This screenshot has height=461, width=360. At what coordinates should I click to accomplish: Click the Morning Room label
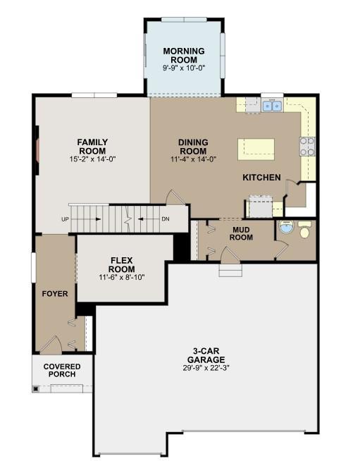click(184, 55)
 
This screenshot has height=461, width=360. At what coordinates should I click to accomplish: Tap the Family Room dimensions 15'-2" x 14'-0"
click(92, 159)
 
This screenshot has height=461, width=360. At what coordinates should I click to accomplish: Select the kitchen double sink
click(272, 106)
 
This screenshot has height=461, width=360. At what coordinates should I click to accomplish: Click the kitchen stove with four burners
click(307, 147)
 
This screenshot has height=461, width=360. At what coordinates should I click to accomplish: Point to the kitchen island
click(256, 149)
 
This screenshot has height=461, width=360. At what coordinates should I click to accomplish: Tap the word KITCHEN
click(261, 178)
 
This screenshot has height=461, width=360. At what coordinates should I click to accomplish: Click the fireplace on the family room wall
click(37, 150)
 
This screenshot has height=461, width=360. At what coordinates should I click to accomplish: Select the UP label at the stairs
click(65, 219)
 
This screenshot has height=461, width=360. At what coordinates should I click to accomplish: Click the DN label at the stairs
click(166, 219)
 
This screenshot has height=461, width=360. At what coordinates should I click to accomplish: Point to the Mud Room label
click(241, 233)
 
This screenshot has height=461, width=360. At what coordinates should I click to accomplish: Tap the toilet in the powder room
click(304, 230)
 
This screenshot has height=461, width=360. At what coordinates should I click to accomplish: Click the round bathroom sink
click(286, 227)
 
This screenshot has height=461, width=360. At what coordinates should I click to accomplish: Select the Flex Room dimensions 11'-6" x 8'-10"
click(122, 277)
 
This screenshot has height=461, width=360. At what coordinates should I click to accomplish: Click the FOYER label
click(55, 294)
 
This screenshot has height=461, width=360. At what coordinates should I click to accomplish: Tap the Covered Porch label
click(62, 371)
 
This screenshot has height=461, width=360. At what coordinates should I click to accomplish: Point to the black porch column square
click(36, 389)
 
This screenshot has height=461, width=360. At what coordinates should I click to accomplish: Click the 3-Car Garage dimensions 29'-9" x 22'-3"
click(206, 368)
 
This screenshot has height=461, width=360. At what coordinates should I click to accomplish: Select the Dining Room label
click(193, 147)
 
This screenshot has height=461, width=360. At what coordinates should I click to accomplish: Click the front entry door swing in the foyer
click(51, 344)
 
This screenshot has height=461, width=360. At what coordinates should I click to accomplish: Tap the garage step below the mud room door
click(230, 270)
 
